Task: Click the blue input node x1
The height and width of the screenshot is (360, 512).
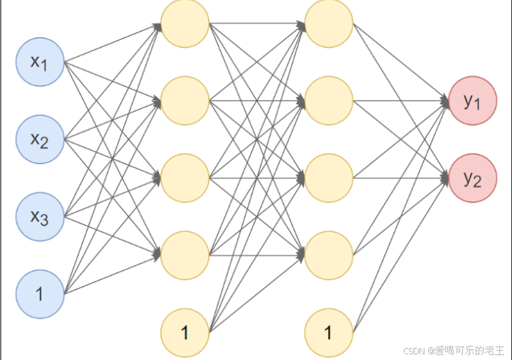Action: [41, 62]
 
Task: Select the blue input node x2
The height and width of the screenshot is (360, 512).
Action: [41, 139]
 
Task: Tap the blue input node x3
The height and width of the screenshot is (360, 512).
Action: [41, 216]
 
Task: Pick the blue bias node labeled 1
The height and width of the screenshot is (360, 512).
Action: [41, 293]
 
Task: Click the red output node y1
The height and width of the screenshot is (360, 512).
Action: [473, 101]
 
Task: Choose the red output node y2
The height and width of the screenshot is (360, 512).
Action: [473, 178]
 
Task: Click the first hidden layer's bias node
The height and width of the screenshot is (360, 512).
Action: [185, 332]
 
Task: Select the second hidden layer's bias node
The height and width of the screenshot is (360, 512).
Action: [329, 332]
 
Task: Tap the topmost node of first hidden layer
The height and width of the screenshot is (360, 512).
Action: [185, 23]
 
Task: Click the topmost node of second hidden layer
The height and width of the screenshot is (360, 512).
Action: [329, 23]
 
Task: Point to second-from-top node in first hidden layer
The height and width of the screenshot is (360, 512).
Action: [185, 101]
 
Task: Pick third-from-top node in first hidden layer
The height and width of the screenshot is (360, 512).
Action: [185, 178]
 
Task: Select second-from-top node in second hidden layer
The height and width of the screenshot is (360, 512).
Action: [329, 101]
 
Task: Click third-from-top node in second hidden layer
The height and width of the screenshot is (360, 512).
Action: [329, 178]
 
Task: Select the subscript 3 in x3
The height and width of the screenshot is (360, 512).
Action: [44, 221]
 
